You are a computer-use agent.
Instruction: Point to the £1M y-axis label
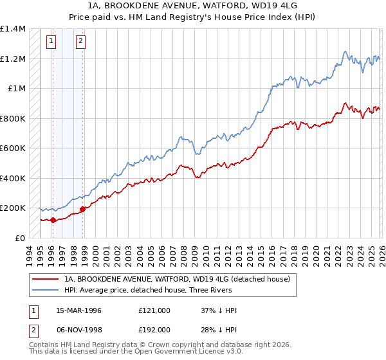pos(17,89)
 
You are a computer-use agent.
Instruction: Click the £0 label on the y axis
pos(20,238)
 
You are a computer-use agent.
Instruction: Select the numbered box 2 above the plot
pos(80,41)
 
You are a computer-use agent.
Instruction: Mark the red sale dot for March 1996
pos(53,220)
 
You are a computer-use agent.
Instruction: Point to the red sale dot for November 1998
pos(82,209)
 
